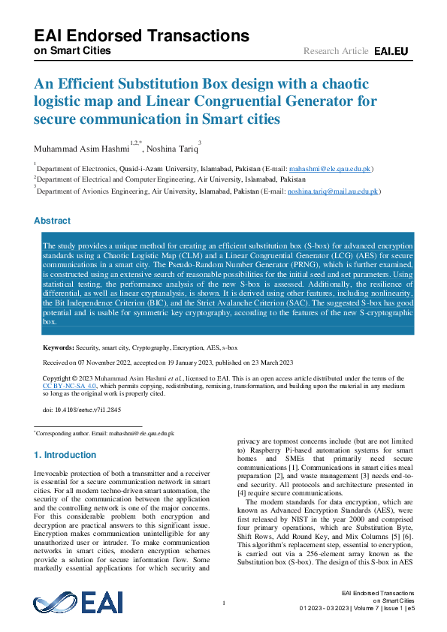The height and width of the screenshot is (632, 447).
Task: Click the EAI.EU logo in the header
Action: pos(391,51)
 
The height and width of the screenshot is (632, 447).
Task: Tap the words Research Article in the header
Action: pos(336,51)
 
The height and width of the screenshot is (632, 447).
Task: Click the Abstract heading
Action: pos(53,221)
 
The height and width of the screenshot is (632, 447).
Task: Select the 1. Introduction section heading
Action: pos(65,455)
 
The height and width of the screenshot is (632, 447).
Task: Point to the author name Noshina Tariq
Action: pos(171,149)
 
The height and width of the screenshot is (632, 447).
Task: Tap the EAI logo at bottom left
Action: pos(68,603)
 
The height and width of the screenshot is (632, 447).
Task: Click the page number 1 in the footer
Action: pos(224,603)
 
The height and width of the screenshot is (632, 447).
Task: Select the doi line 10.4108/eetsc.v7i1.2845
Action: pos(82,411)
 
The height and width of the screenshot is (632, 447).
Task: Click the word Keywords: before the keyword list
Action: pos(58,348)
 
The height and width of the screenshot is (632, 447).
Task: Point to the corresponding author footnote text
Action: pos(104,433)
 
